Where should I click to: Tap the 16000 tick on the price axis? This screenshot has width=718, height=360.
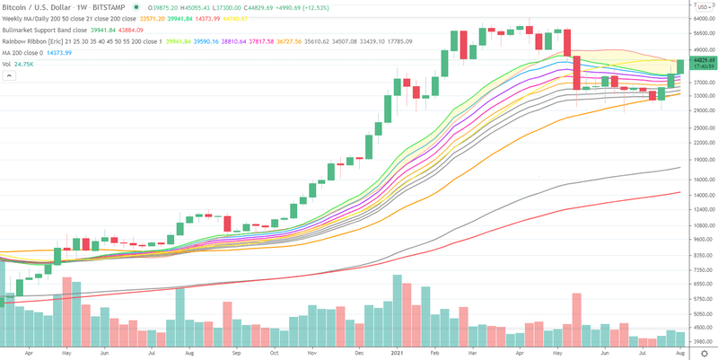click(x=698, y=180)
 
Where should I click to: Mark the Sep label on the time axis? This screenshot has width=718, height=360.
click(x=236, y=353)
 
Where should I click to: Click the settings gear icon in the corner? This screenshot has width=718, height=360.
click(x=705, y=353)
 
